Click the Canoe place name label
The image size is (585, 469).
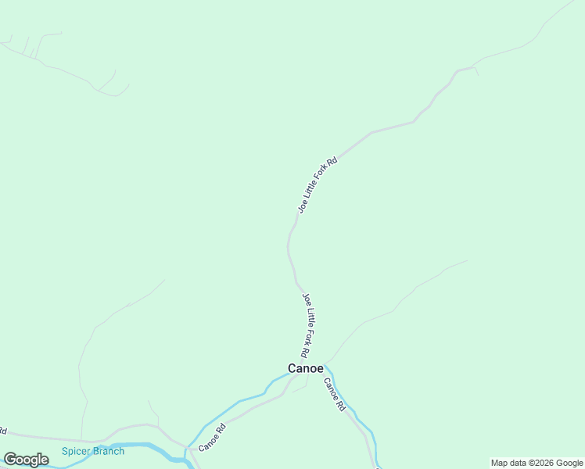pos(305,368)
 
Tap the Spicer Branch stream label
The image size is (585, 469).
pos(93,451)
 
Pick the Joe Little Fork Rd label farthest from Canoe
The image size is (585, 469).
pos(317,185)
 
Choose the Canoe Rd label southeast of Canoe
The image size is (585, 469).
pos(334,396)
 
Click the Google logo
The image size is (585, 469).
pos(26,460)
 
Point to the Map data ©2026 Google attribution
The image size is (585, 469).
pos(537,463)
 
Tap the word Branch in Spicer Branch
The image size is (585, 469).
pos(108,451)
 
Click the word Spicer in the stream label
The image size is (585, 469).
pos(76,451)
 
